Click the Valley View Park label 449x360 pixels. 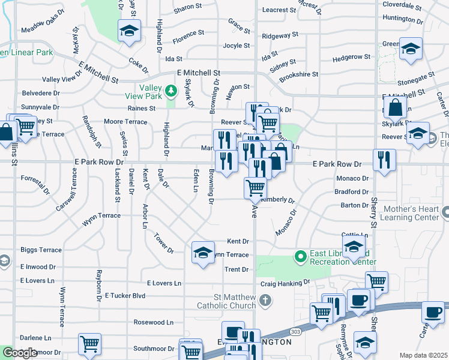pyautogui.click(x=144, y=95)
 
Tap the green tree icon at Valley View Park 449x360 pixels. pyautogui.click(x=172, y=91)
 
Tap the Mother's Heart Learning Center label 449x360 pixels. pyautogui.click(x=412, y=214)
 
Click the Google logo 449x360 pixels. pyautogui.click(x=19, y=353)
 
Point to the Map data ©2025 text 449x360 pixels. pyautogui.click(x=423, y=355)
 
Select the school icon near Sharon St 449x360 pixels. pyautogui.click(x=128, y=31)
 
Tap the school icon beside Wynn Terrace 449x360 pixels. pyautogui.click(x=203, y=251)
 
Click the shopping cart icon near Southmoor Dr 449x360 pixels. pyautogui.click(x=89, y=344)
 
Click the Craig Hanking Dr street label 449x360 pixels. pyautogui.click(x=285, y=282)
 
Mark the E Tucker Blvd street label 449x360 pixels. pyautogui.click(x=125, y=295)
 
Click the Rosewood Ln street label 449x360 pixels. pyautogui.click(x=153, y=322)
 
